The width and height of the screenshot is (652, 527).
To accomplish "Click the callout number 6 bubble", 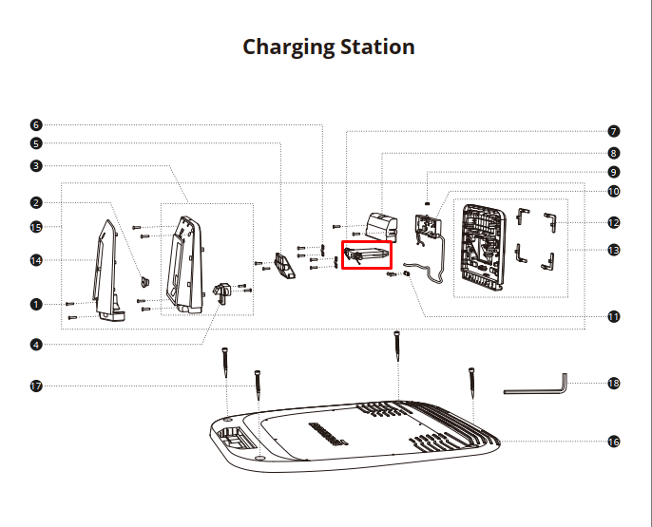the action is tap(36, 125).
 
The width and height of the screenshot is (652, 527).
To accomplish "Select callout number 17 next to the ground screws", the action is tap(36, 386).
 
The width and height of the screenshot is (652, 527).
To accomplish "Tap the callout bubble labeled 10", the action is tap(614, 192).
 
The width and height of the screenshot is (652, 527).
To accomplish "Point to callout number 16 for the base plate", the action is tap(614, 442).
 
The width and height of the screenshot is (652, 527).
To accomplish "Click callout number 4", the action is tap(36, 345).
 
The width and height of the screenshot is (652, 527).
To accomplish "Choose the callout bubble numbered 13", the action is tap(614, 250).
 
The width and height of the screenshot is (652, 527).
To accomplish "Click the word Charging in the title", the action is tap(289, 47).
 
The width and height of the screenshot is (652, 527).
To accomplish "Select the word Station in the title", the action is tap(377, 47).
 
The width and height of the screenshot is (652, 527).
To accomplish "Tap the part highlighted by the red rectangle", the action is tap(367, 255).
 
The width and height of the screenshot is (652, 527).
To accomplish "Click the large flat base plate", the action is tap(355, 436).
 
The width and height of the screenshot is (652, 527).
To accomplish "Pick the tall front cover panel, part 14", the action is tap(106, 270).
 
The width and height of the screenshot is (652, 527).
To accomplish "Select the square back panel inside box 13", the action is tap(483, 248).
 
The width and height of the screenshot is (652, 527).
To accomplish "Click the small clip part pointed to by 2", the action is tap(145, 282).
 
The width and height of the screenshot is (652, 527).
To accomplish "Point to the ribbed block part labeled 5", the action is tap(284, 265).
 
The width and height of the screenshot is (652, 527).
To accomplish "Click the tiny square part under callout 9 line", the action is tap(427, 203).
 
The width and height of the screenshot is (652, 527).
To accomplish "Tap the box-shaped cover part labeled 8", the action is tap(381, 227).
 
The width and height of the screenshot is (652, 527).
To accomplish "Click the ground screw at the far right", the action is tap(471, 383).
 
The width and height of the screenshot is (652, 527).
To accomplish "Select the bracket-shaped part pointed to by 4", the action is tap(222, 292).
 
